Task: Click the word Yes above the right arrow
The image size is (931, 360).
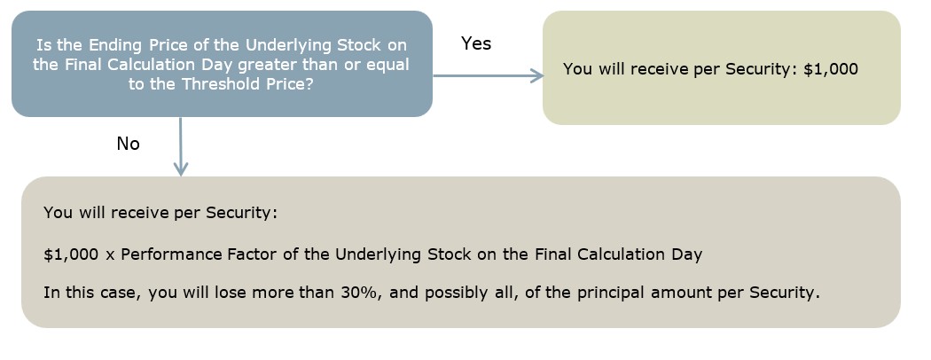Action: tap(476, 43)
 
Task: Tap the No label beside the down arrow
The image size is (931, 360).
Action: tap(129, 144)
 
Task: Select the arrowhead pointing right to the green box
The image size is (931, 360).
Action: tap(536, 75)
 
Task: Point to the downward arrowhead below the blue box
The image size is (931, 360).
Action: tap(181, 168)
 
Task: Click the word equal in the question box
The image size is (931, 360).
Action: tap(387, 65)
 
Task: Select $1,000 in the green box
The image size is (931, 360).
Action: tap(831, 69)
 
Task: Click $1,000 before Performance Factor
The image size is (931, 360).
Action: tap(71, 254)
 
